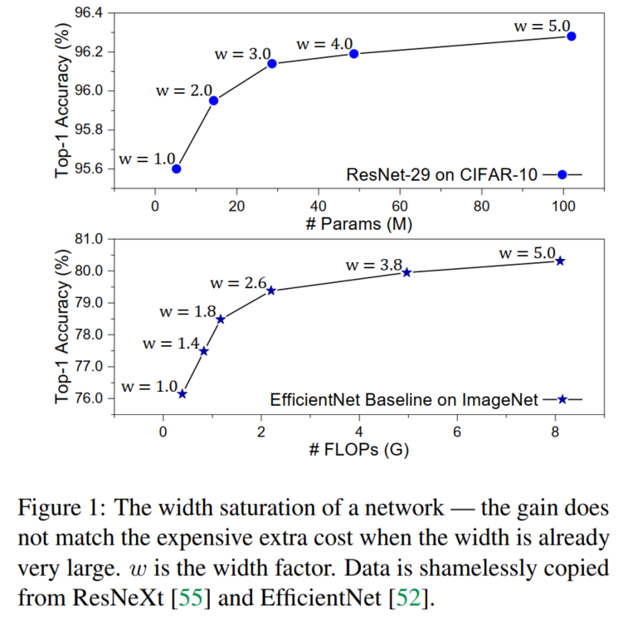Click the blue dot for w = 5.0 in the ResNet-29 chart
click(x=572, y=37)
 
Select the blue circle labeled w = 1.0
click(x=176, y=168)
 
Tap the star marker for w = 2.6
click(x=271, y=291)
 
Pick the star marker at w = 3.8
click(x=406, y=272)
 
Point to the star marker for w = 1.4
click(x=204, y=351)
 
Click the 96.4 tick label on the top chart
click(x=90, y=13)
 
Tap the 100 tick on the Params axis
click(x=563, y=207)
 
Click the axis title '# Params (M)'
click(x=359, y=225)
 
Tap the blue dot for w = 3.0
click(x=271, y=64)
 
